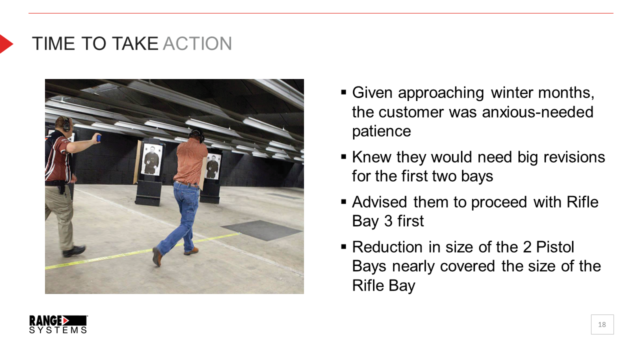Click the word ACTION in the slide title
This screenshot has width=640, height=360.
tap(197, 43)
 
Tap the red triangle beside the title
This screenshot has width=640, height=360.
tap(5, 44)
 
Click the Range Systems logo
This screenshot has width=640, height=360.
tap(58, 324)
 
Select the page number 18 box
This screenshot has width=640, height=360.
tap(602, 324)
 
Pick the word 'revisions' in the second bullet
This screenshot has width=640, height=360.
tap(574, 157)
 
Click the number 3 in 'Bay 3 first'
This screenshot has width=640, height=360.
tap(388, 221)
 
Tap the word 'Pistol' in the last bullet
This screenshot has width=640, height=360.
tap(555, 247)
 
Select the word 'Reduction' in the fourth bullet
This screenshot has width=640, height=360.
tap(387, 247)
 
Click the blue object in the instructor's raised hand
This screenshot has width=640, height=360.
tap(99, 138)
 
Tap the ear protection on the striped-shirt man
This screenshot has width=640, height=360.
tap(66, 124)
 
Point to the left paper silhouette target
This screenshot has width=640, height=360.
tap(151, 159)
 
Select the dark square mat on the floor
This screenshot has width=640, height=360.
tap(261, 230)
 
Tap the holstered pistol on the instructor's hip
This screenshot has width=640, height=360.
tap(61, 189)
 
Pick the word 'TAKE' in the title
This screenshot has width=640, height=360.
tap(135, 43)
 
